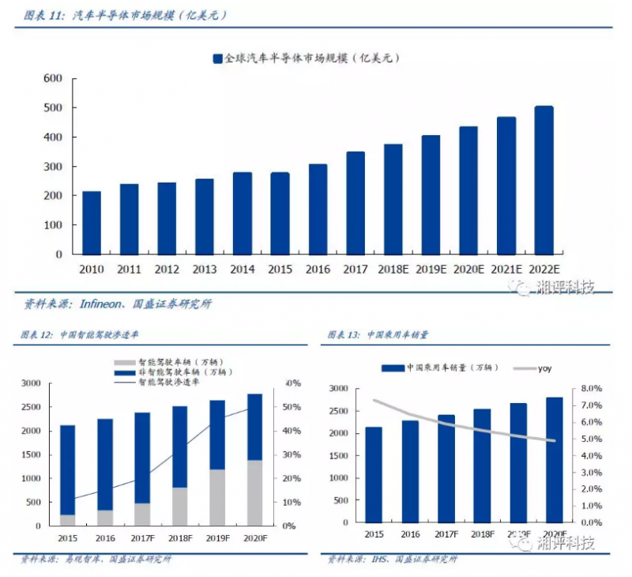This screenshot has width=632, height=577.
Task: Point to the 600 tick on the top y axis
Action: click(52, 78)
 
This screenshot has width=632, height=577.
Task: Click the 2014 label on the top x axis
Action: click(243, 269)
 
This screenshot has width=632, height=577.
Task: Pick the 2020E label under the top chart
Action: click(468, 269)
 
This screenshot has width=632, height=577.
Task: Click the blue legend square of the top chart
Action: click(217, 58)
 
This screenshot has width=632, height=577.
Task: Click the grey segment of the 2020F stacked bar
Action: click(254, 492)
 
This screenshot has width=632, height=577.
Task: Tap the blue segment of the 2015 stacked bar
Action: click(68, 470)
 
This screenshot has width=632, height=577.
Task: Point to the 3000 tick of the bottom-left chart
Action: click(30, 383)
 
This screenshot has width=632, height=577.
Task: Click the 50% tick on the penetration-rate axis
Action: click(291, 407)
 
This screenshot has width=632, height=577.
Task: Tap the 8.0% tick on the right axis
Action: click(592, 389)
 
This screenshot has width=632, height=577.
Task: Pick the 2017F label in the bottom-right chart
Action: click(446, 534)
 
